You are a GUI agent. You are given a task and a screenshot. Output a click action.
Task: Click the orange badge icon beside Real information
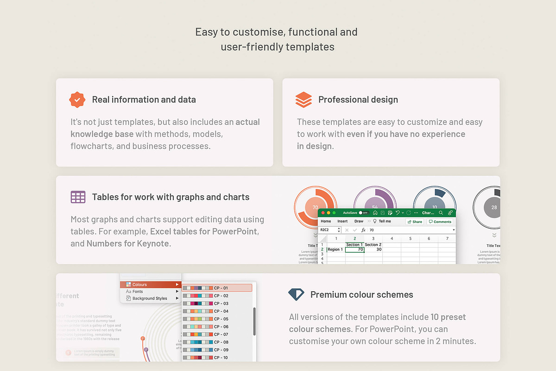tap(77, 100)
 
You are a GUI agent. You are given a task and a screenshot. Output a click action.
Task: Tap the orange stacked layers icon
tap(303, 100)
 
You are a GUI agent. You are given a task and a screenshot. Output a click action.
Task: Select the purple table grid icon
tap(78, 197)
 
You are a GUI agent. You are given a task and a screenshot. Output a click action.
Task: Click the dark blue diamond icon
tap(296, 294)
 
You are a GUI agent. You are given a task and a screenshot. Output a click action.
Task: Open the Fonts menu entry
tap(138, 292)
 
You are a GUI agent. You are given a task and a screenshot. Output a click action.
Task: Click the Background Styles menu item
tap(149, 299)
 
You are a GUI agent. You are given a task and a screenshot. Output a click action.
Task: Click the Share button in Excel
tap(415, 222)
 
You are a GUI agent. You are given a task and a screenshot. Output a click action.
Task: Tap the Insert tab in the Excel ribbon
tap(342, 222)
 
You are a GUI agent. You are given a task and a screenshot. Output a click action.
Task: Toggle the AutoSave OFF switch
tap(364, 213)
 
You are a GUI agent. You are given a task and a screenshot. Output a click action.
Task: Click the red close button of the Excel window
tap(323, 213)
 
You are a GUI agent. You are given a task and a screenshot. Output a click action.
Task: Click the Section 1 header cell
tap(354, 244)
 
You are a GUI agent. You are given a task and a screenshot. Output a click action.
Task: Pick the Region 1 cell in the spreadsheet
tap(335, 249)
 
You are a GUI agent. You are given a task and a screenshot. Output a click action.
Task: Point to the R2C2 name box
tap(329, 230)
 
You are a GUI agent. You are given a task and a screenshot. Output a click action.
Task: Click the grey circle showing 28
tap(494, 207)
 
